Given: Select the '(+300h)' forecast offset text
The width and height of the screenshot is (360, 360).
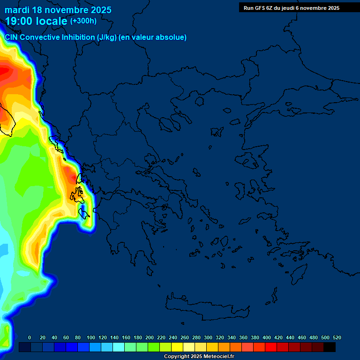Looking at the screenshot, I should tap(83, 21).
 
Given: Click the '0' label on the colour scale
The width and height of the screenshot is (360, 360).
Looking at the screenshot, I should tap(30, 337).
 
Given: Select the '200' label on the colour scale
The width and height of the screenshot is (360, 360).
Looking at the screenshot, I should tap(150, 337).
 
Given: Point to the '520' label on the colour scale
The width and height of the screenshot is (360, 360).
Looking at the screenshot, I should tap(337, 337).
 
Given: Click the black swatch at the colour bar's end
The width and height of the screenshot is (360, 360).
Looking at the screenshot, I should tap(330, 347).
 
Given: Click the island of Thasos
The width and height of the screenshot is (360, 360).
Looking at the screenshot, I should tap(199, 101).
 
